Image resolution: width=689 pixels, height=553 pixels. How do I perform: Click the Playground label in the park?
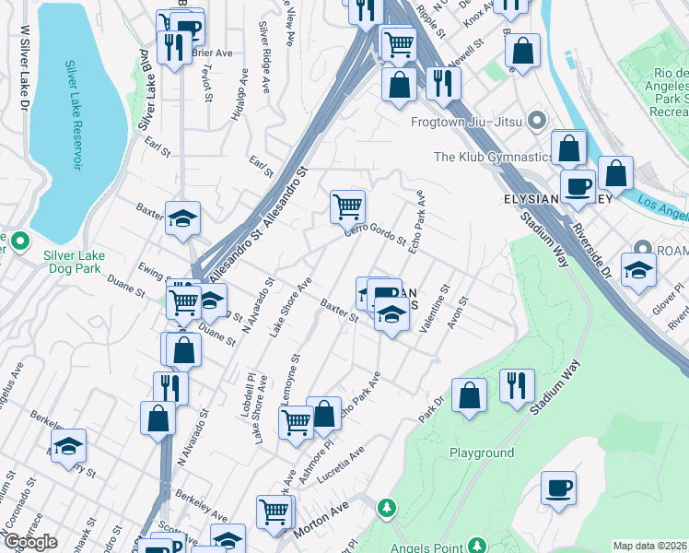coord(482,453)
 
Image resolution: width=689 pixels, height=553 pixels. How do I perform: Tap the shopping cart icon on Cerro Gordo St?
coord(347,207)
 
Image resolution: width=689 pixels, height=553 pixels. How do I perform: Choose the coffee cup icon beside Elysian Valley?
coord(578,187)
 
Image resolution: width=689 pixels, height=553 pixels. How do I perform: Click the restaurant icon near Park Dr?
coord(517,385)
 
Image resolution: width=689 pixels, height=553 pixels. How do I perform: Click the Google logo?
coord(30,542)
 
